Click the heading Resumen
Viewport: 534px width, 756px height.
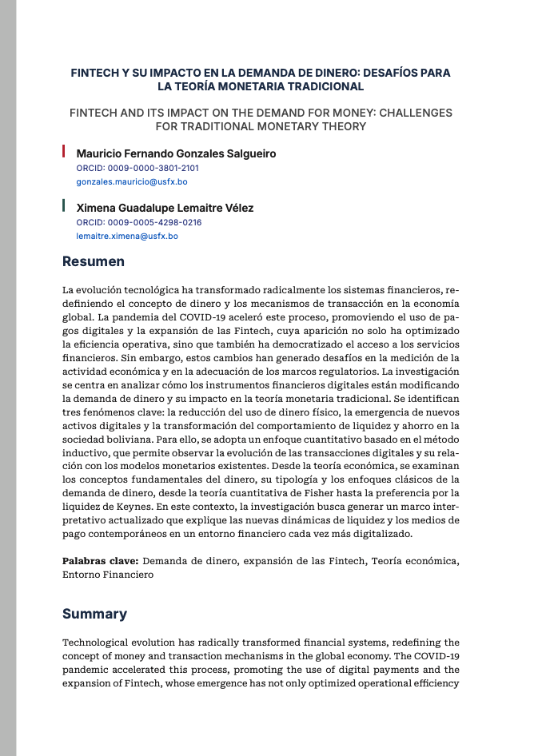(x=94, y=261)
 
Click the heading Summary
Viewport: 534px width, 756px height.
(x=94, y=614)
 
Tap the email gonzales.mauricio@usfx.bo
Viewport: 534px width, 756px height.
(x=132, y=182)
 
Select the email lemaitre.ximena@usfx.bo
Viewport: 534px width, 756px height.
(x=127, y=237)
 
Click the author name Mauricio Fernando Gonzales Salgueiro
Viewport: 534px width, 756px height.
(x=176, y=153)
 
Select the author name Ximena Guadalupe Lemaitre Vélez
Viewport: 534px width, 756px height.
(x=165, y=208)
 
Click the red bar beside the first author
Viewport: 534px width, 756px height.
(x=64, y=151)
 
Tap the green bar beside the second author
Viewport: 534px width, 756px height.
(x=64, y=205)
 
